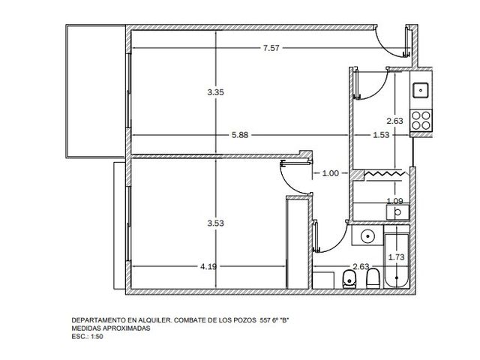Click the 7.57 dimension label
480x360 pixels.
271,48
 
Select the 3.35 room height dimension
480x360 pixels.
215,91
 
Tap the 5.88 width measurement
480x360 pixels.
240,135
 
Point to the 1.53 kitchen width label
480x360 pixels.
381,135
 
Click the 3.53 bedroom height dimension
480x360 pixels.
215,223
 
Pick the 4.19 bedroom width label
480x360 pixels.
208,267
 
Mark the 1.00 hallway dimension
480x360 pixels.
331,173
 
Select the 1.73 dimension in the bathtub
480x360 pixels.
397,257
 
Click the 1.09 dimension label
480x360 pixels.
395,201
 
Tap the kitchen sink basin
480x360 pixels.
421,90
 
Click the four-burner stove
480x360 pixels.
421,120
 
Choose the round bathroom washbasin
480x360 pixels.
367,236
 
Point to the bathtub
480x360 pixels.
397,261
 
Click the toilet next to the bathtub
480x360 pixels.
373,278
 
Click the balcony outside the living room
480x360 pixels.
95,91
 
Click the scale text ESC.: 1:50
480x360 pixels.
87,337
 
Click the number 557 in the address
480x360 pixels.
265,320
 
